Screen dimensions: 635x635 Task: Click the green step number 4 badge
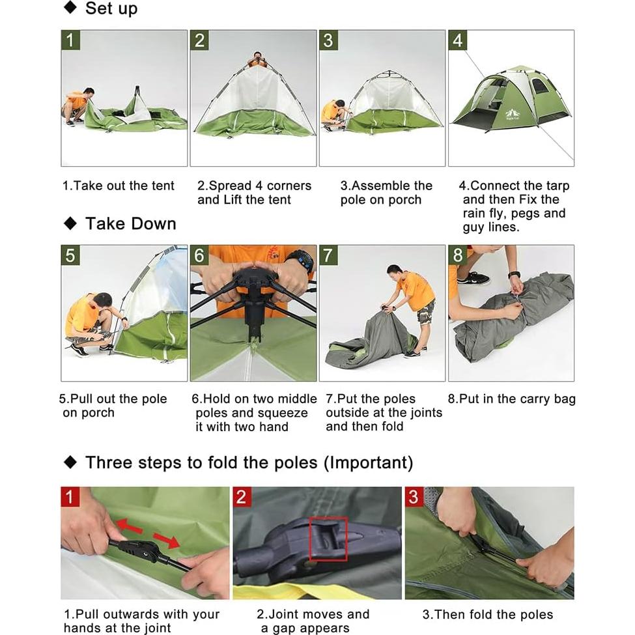pyautogui.click(x=458, y=40)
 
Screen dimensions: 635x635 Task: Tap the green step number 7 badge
pyautogui.click(x=329, y=255)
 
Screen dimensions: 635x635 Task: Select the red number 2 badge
pyautogui.click(x=242, y=498)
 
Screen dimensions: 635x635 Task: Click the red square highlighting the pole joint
pyautogui.click(x=328, y=538)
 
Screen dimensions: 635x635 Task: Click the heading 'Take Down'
pyautogui.click(x=130, y=223)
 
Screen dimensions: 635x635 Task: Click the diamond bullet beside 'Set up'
pyautogui.click(x=70, y=8)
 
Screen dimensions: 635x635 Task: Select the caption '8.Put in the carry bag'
pyautogui.click(x=512, y=399)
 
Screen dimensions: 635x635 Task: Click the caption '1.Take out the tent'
pyautogui.click(x=119, y=186)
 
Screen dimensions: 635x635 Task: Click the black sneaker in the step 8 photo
pyautogui.click(x=473, y=278)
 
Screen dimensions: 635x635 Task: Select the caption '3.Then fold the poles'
pyautogui.click(x=488, y=614)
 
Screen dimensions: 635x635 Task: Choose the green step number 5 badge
pyautogui.click(x=70, y=255)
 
